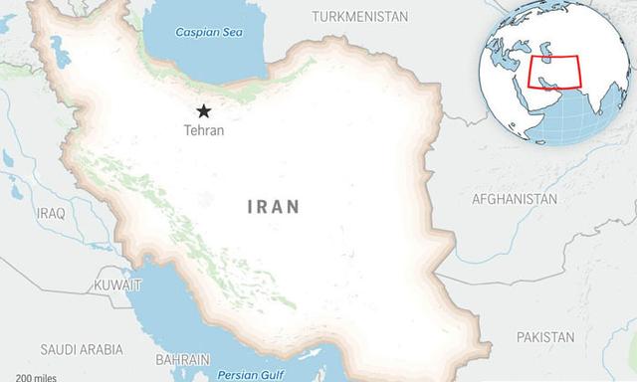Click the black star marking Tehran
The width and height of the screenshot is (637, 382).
[x=204, y=110]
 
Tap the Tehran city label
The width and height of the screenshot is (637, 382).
[x=204, y=130]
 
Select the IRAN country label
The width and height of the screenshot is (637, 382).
[x=273, y=207]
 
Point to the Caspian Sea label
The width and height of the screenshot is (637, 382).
[x=208, y=32]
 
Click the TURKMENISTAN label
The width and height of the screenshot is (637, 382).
[x=359, y=17]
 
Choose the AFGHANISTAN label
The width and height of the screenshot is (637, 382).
[x=514, y=199]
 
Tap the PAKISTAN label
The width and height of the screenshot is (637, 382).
[x=545, y=337]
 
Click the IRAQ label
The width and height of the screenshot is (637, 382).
[x=50, y=214]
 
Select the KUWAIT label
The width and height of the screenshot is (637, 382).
[x=117, y=285]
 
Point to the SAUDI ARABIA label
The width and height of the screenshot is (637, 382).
[x=82, y=349]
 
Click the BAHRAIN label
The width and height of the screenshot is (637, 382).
[x=182, y=359]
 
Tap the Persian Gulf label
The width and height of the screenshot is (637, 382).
[x=251, y=375]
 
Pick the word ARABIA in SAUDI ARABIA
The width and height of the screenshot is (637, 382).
[x=103, y=349]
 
